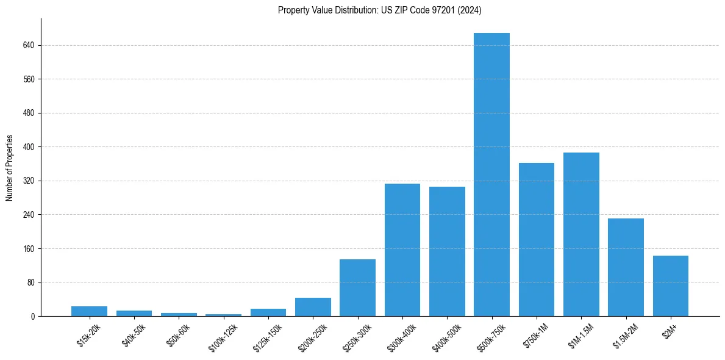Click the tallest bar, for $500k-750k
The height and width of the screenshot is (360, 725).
pos(491,175)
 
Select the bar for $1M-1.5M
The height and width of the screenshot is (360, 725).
pos(581,234)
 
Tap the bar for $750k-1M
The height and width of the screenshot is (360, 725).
pos(537,239)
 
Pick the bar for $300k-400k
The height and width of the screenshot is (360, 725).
pos(402,250)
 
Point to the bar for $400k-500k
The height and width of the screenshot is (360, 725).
pos(447,251)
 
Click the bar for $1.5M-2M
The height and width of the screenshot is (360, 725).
pos(626,267)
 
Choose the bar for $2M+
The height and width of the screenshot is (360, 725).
pos(670,286)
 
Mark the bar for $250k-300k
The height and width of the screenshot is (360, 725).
pos(357,287)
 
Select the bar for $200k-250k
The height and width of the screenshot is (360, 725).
pos(313,307)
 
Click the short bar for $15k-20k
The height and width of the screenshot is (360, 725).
pos(89,311)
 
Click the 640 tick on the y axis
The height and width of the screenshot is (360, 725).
pos(29,45)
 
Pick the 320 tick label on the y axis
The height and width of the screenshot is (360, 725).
pos(29,181)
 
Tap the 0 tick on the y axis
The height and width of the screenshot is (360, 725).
pos(33,317)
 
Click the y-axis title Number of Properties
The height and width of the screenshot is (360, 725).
pos(9,167)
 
